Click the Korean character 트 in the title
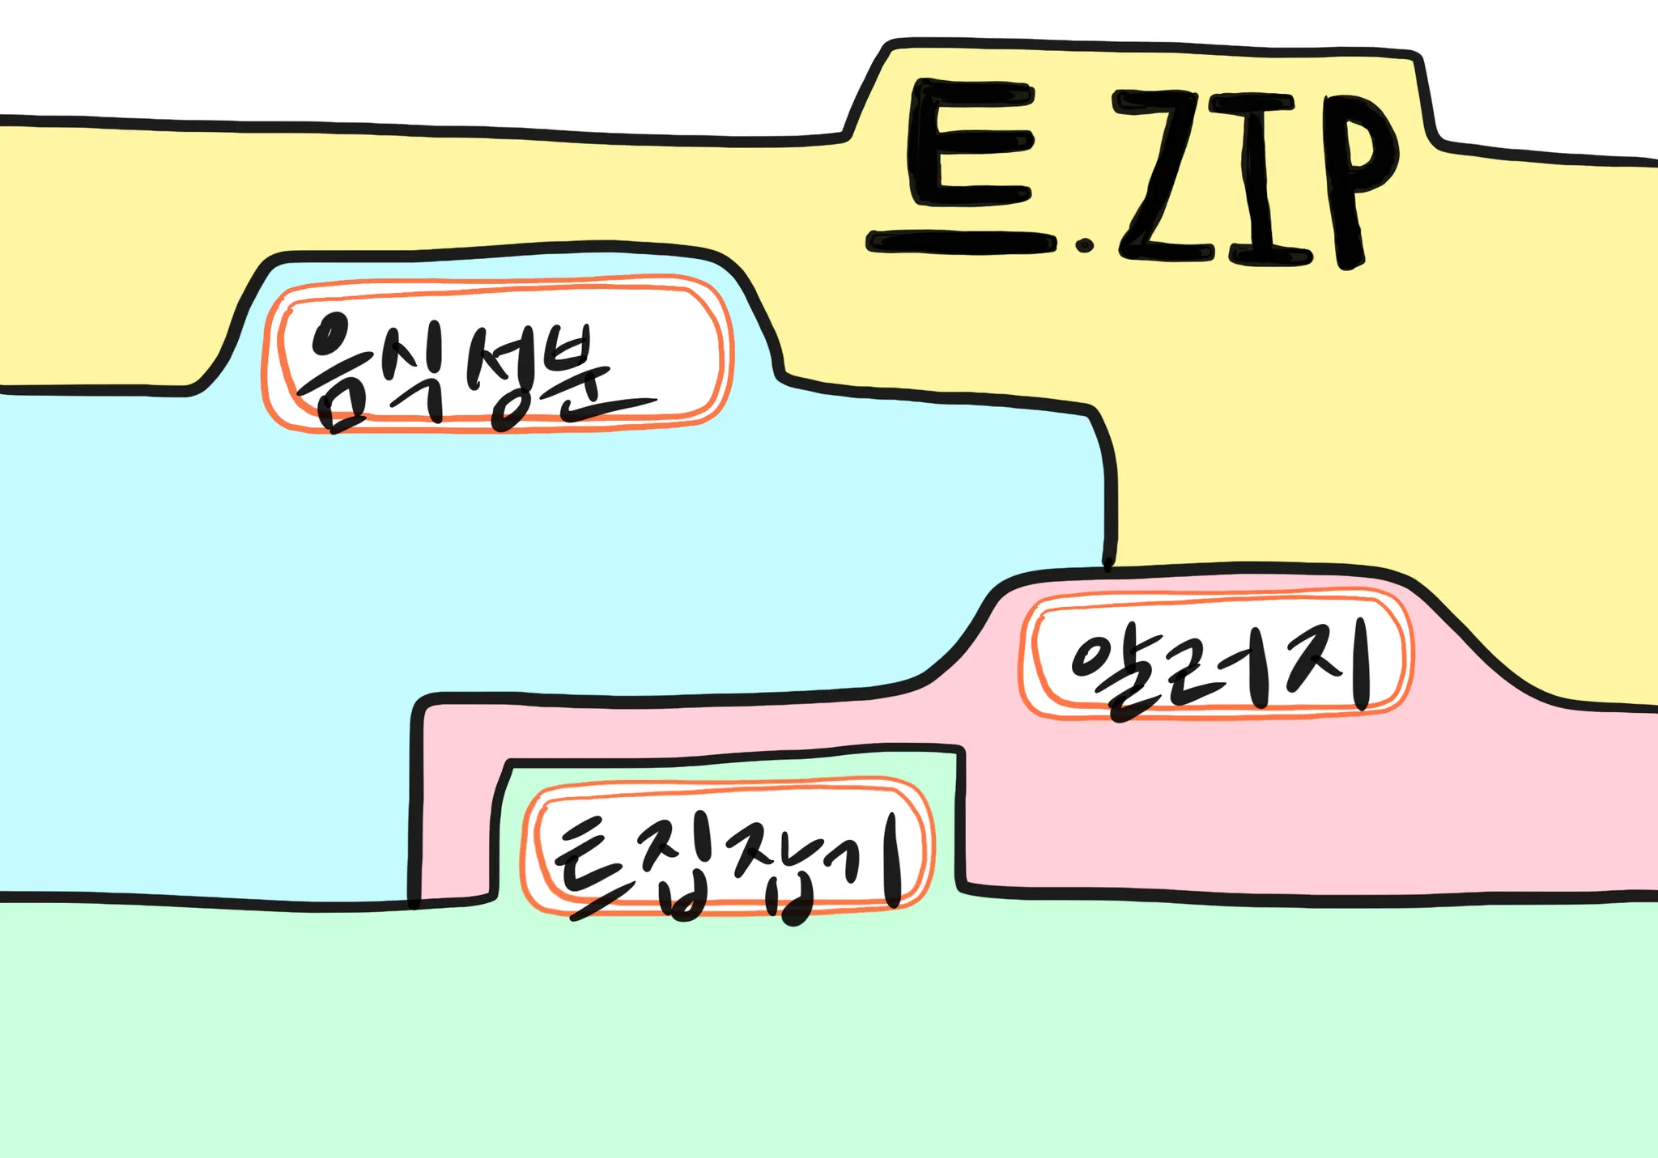coord(963,166)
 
